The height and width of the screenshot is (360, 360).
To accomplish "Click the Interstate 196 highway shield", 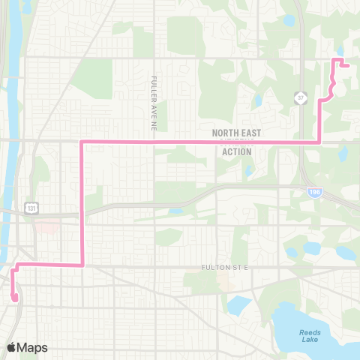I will (x=311, y=193).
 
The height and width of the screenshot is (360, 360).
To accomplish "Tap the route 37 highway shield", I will (x=299, y=97).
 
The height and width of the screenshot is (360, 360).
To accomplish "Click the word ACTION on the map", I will (x=237, y=151).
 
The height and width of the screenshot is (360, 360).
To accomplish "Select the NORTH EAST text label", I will (x=237, y=132).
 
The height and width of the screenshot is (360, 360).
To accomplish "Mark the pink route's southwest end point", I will (x=15, y=298).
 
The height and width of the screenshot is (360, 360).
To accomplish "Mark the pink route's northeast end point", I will (x=348, y=66).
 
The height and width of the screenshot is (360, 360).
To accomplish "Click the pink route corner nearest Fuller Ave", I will (x=81, y=141).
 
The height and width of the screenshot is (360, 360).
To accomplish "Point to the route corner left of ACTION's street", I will (x=81, y=264).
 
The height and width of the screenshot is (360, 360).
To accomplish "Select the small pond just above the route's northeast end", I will (x=340, y=51).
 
